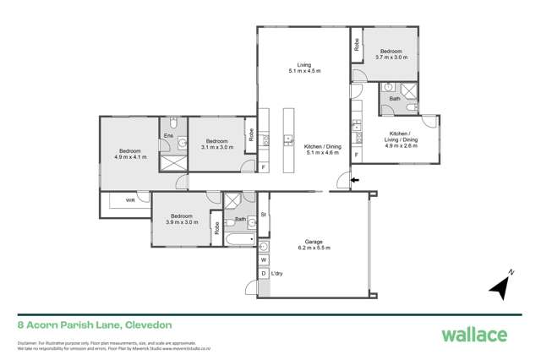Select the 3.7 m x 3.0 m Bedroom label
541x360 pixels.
[393, 54]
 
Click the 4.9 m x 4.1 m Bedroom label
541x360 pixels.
[130, 154]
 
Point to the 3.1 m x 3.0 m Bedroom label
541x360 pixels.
[216, 144]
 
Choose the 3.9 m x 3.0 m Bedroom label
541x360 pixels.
[181, 219]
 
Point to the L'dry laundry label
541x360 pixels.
[277, 274]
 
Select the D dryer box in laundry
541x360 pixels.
[263, 274]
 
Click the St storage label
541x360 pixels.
[264, 215]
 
